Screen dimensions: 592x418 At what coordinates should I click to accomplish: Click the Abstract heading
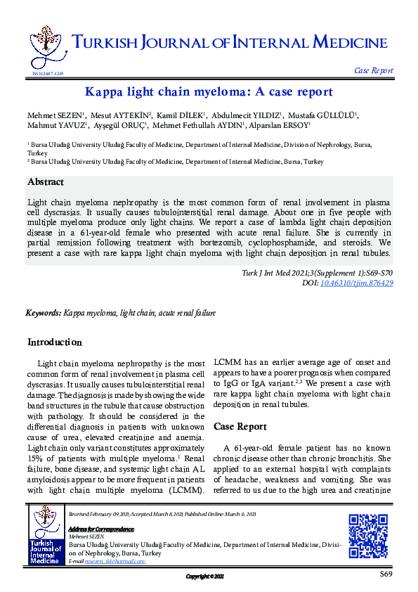(46, 182)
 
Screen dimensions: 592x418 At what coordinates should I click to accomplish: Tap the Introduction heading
(54, 342)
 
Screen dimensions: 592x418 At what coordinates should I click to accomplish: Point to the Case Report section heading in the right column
(240, 426)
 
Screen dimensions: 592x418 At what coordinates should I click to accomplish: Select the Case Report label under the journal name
(373, 71)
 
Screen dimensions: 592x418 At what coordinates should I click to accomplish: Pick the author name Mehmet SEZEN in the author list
(53, 114)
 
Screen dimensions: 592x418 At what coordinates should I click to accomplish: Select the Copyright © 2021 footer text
(204, 577)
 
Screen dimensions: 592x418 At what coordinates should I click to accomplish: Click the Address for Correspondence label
(101, 528)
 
